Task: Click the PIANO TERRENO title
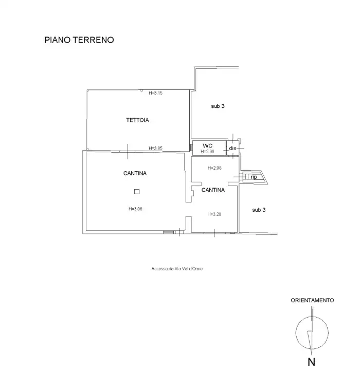point(79,39)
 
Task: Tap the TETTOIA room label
point(137,120)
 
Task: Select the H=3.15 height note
point(155,93)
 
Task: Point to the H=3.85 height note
point(155,149)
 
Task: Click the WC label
point(207,145)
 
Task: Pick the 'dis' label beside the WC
point(232,148)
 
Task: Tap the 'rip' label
point(253,177)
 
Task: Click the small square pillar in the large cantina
point(136,192)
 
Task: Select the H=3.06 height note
point(135,209)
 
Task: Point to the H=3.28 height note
point(214,214)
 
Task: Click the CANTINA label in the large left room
point(135,174)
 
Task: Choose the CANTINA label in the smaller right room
point(213,190)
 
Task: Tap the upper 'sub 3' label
point(218,106)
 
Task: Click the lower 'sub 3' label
point(259,210)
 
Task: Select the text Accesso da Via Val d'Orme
point(177,268)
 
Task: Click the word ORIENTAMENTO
point(312,300)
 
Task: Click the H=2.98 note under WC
point(207,152)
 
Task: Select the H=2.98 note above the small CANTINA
point(214,168)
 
